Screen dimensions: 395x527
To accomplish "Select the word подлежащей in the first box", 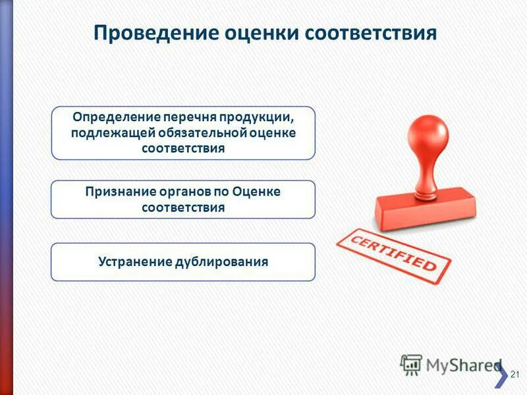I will pyautogui.click(x=107, y=133).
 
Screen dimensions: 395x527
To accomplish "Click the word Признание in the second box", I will pyautogui.click(x=119, y=192).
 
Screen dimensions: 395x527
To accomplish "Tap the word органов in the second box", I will pyautogui.click(x=184, y=192).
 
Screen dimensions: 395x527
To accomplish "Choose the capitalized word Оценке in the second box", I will pyautogui.click(x=255, y=192).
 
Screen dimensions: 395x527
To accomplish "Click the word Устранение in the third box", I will pyautogui.click(x=134, y=261).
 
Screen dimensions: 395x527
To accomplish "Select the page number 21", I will pyautogui.click(x=515, y=375).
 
